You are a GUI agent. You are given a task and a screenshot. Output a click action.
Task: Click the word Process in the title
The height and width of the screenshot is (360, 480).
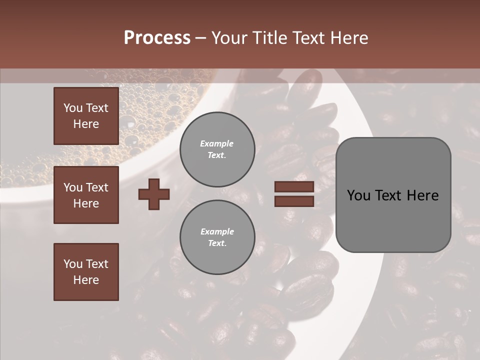[157, 38]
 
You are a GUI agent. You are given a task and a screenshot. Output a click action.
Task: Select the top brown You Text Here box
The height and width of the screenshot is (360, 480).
[86, 115]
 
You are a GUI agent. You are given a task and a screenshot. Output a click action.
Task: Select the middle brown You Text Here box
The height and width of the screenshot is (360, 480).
[86, 194]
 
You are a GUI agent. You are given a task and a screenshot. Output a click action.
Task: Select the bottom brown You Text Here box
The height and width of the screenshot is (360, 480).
[86, 271]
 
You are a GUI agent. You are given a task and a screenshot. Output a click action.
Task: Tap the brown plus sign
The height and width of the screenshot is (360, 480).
[154, 194]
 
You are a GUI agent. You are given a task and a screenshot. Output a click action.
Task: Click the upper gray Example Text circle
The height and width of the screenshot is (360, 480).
[217, 149]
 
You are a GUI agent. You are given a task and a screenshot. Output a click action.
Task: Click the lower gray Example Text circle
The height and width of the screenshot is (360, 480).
[217, 237]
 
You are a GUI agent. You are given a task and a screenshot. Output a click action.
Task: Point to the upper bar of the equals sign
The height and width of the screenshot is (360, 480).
[294, 186]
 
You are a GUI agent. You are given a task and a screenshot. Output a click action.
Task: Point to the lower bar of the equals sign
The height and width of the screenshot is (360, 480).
[294, 201]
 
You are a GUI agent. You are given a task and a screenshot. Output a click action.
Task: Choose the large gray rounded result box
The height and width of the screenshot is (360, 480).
[393, 194]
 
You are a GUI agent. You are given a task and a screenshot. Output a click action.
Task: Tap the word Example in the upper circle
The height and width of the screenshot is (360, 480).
[217, 143]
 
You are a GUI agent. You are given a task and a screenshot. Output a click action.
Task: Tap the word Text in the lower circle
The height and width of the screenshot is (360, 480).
[216, 243]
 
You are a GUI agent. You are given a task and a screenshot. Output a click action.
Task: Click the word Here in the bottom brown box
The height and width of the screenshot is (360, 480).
[86, 280]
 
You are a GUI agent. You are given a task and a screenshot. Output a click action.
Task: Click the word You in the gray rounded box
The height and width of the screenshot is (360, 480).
[359, 195]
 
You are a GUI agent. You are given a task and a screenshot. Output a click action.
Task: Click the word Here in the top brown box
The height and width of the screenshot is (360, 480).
[86, 124]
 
